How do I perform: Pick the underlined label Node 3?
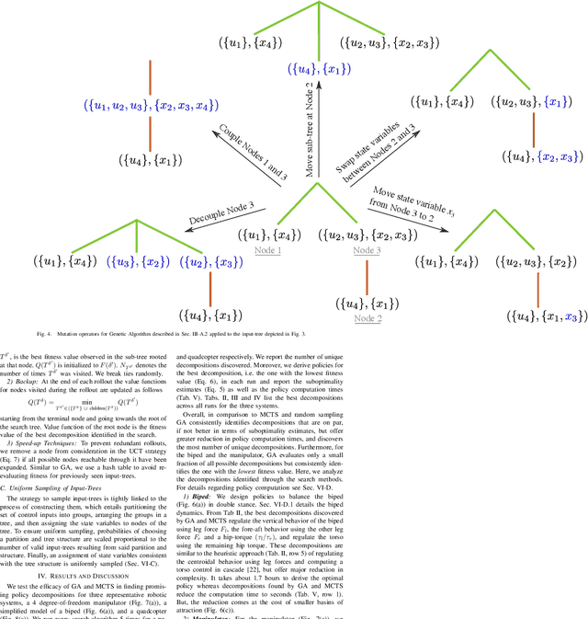367,249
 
